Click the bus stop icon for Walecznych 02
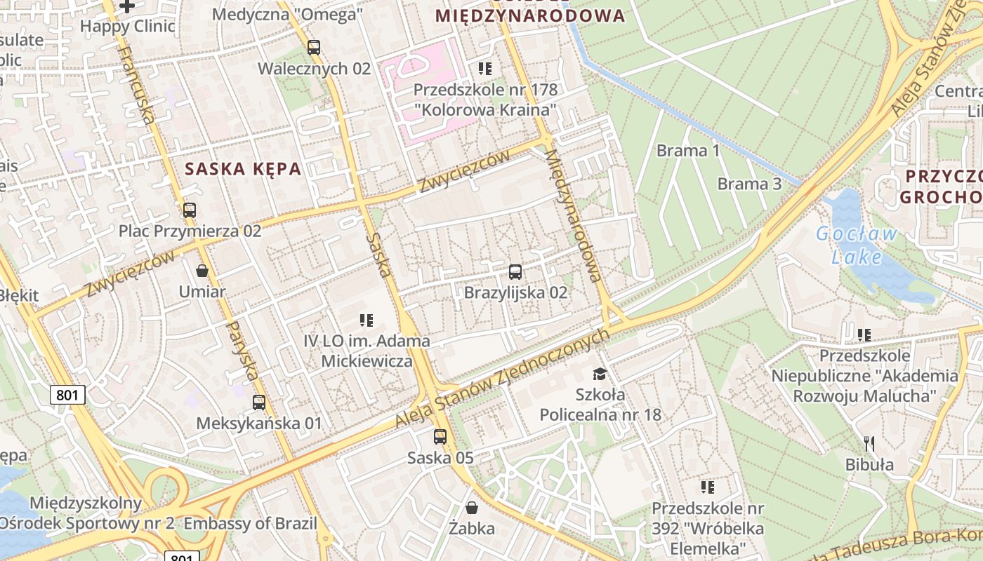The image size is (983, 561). click(x=313, y=48)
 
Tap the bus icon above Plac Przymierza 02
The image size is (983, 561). click(x=189, y=210)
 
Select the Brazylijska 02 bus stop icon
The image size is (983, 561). click(x=515, y=272)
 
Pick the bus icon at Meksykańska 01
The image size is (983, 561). click(x=259, y=403)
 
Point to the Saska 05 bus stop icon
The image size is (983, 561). click(x=440, y=437)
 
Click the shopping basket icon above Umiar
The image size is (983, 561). click(x=202, y=271)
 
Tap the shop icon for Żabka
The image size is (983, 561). click(x=472, y=507)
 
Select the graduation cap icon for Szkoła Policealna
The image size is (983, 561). click(x=600, y=374)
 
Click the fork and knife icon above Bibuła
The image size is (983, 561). click(x=869, y=443)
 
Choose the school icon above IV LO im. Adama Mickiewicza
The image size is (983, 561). click(x=367, y=320)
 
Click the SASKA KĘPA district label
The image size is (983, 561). click(x=243, y=168)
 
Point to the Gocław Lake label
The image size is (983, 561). click(x=857, y=245)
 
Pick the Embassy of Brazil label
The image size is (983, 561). click(x=251, y=523)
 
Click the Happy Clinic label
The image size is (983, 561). click(x=128, y=27)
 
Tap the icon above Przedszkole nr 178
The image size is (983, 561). click(x=484, y=69)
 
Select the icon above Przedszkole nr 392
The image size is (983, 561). click(x=707, y=487)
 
